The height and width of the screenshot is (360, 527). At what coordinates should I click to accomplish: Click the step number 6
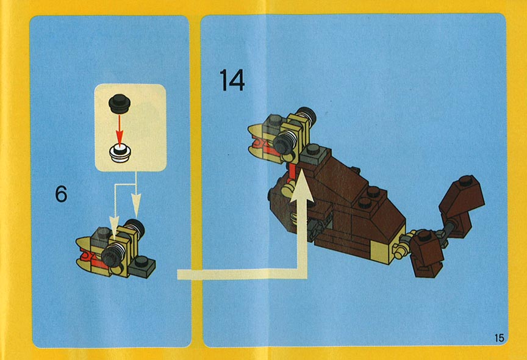[x=61, y=194]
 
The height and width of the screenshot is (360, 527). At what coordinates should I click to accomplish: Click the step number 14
[x=232, y=80]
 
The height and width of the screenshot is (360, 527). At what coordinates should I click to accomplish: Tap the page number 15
[x=500, y=337]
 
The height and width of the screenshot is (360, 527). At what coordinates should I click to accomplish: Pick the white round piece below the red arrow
[x=120, y=154]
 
